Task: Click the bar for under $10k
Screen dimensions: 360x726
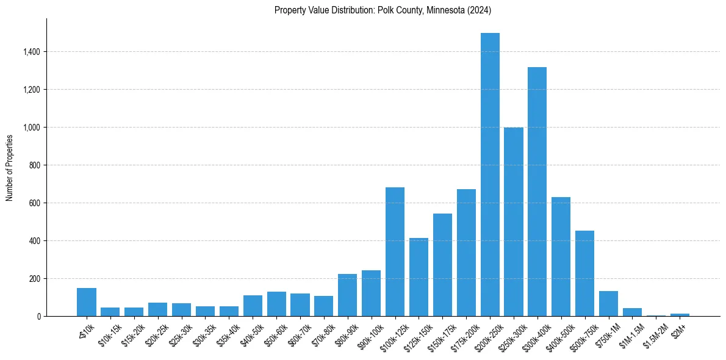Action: coord(86,302)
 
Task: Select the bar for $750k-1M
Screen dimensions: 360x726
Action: coord(608,303)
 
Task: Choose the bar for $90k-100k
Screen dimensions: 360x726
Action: coord(371,293)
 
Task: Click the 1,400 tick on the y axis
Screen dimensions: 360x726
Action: coord(31,52)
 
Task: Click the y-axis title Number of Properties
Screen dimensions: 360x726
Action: coord(10,167)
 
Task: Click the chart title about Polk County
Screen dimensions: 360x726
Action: coord(383,10)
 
